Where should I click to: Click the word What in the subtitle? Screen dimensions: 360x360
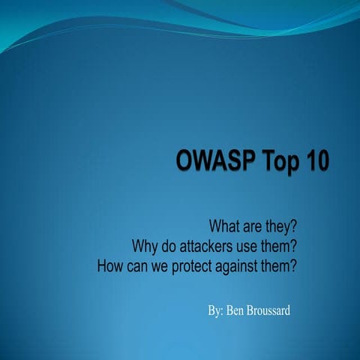click(x=225, y=226)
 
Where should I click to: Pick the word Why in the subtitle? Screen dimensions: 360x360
click(x=145, y=245)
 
